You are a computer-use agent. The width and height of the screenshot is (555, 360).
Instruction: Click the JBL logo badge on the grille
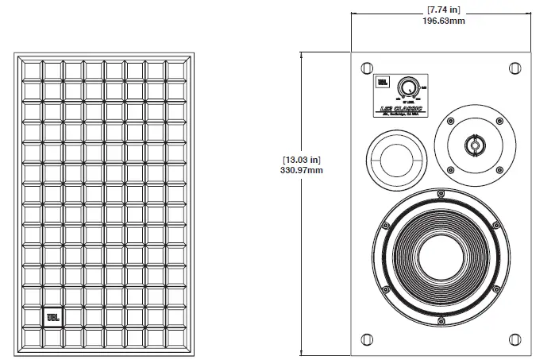tap(52, 319)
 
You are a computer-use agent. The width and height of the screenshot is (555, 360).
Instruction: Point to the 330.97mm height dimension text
tap(301, 169)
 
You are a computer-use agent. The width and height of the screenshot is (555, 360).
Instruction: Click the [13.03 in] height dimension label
tap(301, 159)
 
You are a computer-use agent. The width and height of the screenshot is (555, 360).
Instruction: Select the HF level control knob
tap(407, 87)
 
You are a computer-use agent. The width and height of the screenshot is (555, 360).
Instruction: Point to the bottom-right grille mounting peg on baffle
tap(512, 340)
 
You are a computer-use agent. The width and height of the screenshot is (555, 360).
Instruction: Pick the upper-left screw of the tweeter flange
tap(449, 122)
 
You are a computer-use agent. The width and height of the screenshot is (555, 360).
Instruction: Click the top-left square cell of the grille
tap(33, 71)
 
